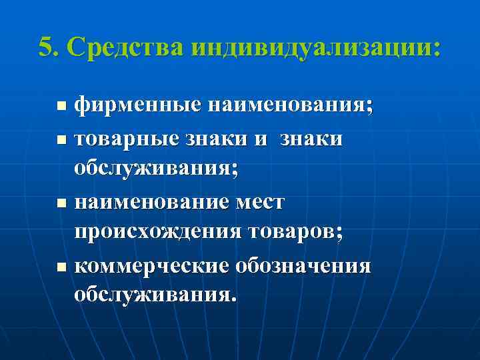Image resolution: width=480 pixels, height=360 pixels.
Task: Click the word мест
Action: pyautogui.click(x=263, y=201)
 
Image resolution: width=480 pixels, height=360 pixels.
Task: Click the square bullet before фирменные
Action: pyautogui.click(x=61, y=105)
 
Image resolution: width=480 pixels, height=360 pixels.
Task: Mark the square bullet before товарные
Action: pyautogui.click(x=61, y=140)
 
